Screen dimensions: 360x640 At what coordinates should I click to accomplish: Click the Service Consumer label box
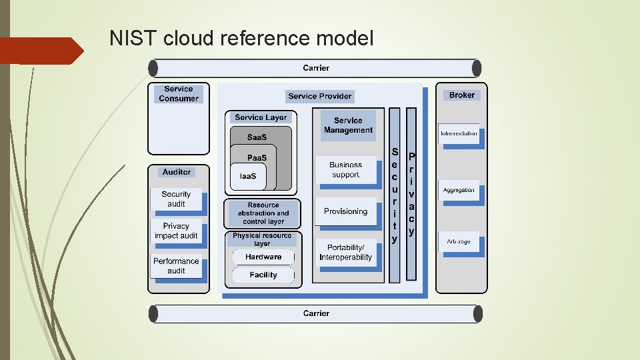pyautogui.click(x=178, y=94)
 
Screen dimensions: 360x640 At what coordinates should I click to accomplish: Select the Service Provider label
pyautogui.click(x=320, y=96)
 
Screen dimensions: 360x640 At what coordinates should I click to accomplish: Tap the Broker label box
pyautogui.click(x=461, y=95)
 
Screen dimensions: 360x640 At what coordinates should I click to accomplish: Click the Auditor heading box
pyautogui.click(x=177, y=172)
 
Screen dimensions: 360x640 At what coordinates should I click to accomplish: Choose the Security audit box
pyautogui.click(x=177, y=199)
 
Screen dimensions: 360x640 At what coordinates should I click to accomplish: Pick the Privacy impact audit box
pyautogui.click(x=177, y=231)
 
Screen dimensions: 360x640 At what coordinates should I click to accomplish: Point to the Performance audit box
pyautogui.click(x=177, y=266)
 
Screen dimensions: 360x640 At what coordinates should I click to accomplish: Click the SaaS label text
pyautogui.click(x=257, y=137)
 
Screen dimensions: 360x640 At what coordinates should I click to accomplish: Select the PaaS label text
pyautogui.click(x=257, y=158)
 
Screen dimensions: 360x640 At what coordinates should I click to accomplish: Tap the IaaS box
pyautogui.click(x=247, y=176)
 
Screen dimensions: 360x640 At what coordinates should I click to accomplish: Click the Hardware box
pyautogui.click(x=263, y=257)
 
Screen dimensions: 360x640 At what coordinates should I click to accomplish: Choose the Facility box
pyautogui.click(x=263, y=275)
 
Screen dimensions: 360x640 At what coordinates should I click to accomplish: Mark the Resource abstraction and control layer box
pyautogui.click(x=263, y=213)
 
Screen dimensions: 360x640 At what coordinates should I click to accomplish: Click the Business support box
pyautogui.click(x=345, y=170)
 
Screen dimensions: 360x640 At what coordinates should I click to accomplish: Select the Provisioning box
pyautogui.click(x=345, y=211)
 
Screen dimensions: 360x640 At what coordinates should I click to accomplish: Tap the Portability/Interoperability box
pyautogui.click(x=345, y=253)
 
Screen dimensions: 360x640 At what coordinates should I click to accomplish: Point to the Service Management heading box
pyautogui.click(x=348, y=125)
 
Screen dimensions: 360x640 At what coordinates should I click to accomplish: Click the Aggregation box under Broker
pyautogui.click(x=459, y=190)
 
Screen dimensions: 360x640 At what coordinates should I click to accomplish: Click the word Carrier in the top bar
pyautogui.click(x=316, y=68)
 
